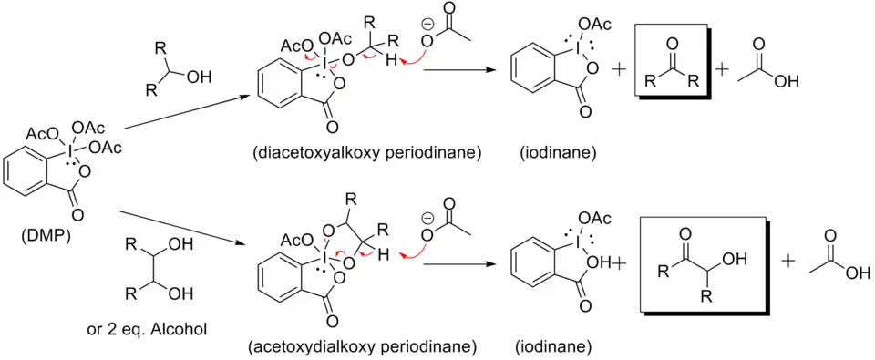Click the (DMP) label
(44, 239)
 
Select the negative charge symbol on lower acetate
(427, 218)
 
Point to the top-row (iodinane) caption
(558, 153)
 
